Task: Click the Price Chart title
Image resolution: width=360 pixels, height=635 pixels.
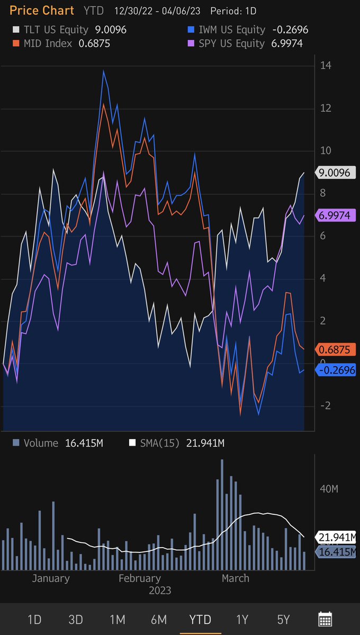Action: pyautogui.click(x=42, y=11)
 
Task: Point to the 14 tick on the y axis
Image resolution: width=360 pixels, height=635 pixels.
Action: pyautogui.click(x=326, y=66)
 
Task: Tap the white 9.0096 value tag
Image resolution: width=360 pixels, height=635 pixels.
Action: pyautogui.click(x=335, y=173)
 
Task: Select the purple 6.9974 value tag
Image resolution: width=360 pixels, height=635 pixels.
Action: pyautogui.click(x=335, y=215)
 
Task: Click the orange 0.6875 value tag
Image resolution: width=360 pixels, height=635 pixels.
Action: pyautogui.click(x=335, y=350)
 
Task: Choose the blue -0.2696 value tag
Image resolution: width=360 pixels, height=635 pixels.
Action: pyautogui.click(x=335, y=369)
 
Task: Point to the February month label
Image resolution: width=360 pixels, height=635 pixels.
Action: pyautogui.click(x=139, y=578)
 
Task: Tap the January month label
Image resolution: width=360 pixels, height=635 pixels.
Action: pyautogui.click(x=51, y=578)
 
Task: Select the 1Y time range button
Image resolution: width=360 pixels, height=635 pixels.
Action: pyautogui.click(x=242, y=620)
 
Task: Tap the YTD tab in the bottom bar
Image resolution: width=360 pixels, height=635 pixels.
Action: pyautogui.click(x=200, y=620)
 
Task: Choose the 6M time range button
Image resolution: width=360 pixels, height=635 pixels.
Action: pyautogui.click(x=158, y=620)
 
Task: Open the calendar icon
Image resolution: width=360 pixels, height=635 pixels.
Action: pyautogui.click(x=325, y=619)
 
